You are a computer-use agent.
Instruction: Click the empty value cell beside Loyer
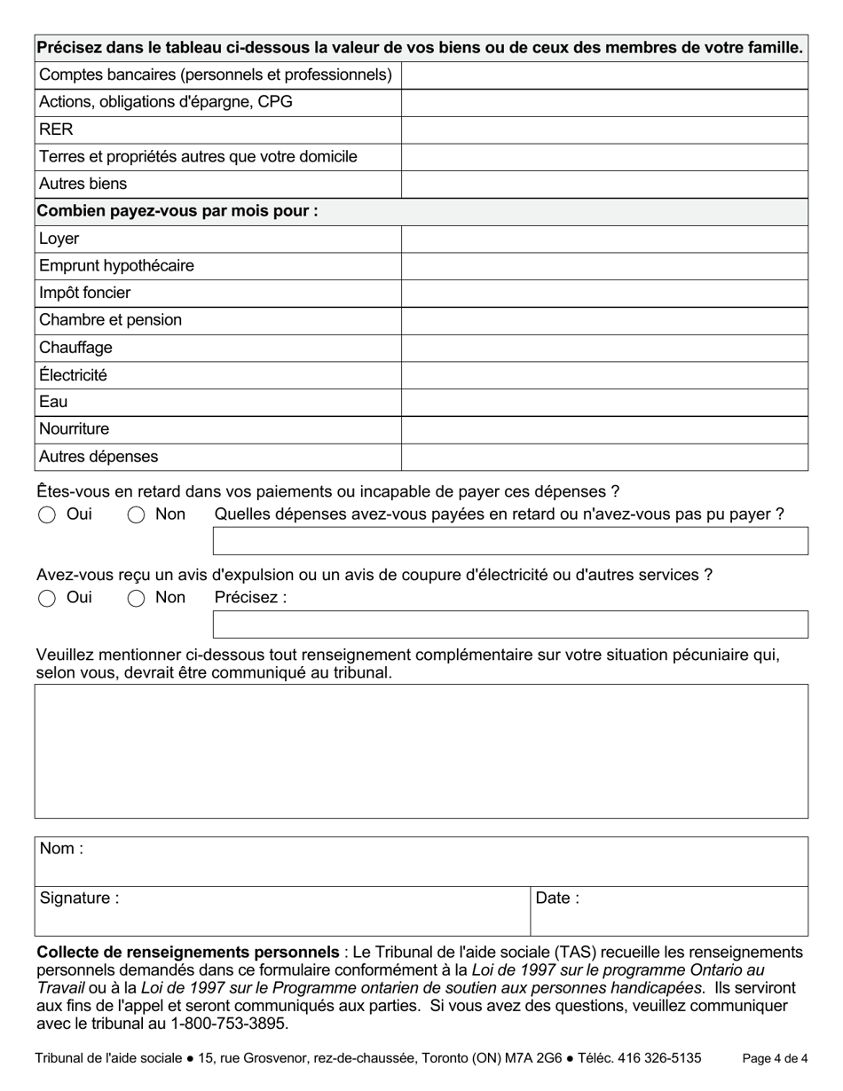(604, 239)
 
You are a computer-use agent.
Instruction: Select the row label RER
(56, 130)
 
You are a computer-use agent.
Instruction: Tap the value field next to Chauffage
(604, 348)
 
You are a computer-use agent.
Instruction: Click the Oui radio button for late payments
(47, 515)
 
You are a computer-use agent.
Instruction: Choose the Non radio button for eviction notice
(136, 599)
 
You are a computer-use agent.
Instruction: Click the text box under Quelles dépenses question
(510, 541)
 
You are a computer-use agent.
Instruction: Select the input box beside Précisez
(510, 624)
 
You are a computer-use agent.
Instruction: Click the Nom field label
(61, 849)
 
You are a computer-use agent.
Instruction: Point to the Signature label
(79, 899)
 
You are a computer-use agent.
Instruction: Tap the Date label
(557, 899)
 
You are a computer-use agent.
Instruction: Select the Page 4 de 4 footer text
(775, 1058)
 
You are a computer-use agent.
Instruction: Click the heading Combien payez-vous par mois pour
(177, 211)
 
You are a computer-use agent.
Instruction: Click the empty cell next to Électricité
(604, 375)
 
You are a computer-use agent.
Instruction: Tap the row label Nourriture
(75, 429)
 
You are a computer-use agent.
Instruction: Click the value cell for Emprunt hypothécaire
(604, 266)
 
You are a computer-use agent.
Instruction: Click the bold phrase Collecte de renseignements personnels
(187, 953)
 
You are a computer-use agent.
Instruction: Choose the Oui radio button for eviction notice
(47, 599)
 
